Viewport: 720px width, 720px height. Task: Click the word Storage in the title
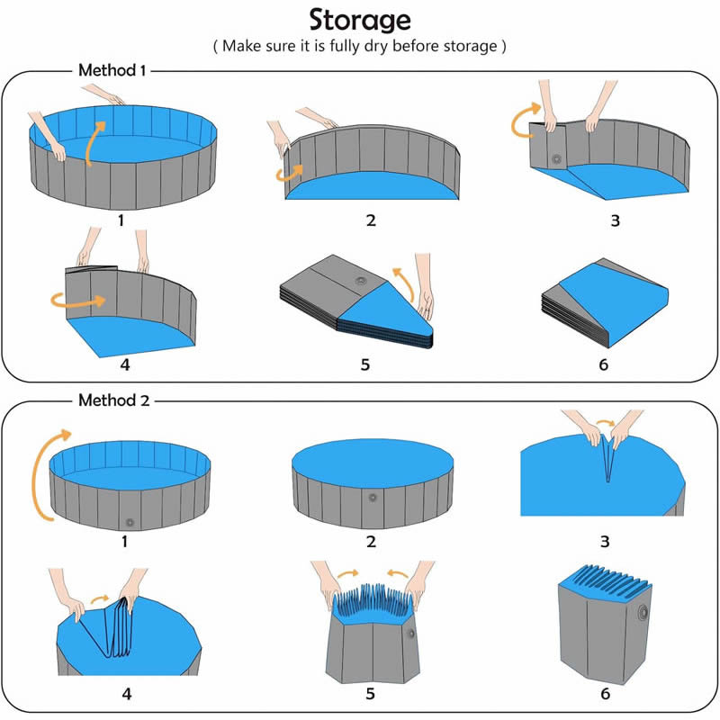tap(360, 20)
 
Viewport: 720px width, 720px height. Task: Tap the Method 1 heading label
tap(112, 70)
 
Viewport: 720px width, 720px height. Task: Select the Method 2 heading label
tap(114, 400)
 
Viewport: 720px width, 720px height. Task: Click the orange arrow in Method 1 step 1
tap(95, 141)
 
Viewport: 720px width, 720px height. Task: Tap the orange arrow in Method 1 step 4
tap(78, 301)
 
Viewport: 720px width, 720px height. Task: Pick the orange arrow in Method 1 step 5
tap(404, 283)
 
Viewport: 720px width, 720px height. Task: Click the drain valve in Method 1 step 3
tap(556, 159)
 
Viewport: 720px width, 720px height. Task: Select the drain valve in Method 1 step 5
tap(361, 281)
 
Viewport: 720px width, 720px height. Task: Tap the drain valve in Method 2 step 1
tap(130, 522)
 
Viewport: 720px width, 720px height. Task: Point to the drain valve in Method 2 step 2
tap(373, 498)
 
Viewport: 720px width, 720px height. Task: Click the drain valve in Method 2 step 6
tap(643, 612)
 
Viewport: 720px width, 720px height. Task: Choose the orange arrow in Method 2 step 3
tap(606, 422)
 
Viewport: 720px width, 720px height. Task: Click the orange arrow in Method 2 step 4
tap(100, 599)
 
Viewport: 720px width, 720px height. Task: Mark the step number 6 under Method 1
tap(603, 365)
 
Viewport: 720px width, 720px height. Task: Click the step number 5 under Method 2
tap(370, 693)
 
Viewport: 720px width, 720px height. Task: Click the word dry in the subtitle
tap(376, 47)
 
